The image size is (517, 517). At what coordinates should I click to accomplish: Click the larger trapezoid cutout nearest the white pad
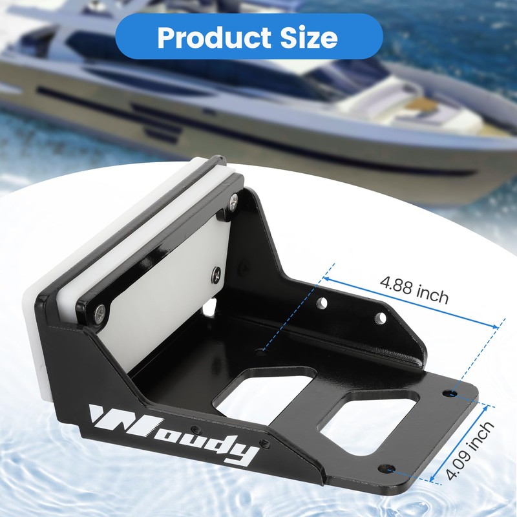pyautogui.click(x=262, y=391)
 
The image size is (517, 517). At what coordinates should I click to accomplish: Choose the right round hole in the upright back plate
pyautogui.click(x=380, y=317)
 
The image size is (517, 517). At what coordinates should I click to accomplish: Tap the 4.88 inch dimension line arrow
pyautogui.click(x=414, y=304)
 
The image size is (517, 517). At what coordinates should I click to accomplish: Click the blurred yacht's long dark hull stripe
pyautogui.click(x=258, y=139)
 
